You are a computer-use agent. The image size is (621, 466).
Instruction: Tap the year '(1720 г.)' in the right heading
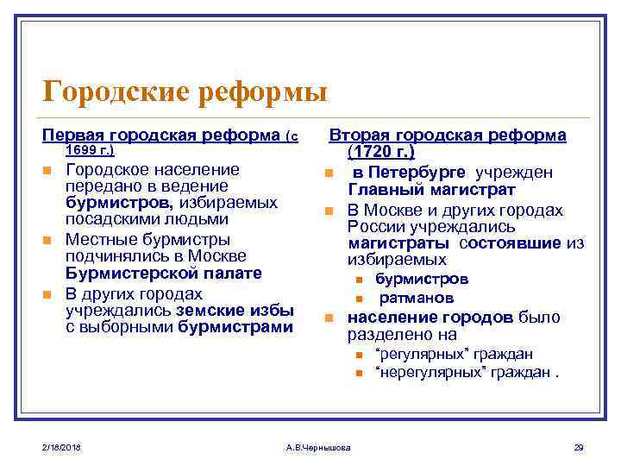pyautogui.click(x=381, y=153)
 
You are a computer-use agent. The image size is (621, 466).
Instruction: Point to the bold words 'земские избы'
pyautogui.click(x=235, y=311)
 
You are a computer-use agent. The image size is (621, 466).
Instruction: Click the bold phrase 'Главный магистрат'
pyautogui.click(x=431, y=189)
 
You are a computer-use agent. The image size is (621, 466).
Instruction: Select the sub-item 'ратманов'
pyautogui.click(x=416, y=298)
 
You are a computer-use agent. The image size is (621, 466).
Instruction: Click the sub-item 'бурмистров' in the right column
pyautogui.click(x=422, y=280)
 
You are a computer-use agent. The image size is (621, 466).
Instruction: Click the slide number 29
pyautogui.click(x=579, y=446)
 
